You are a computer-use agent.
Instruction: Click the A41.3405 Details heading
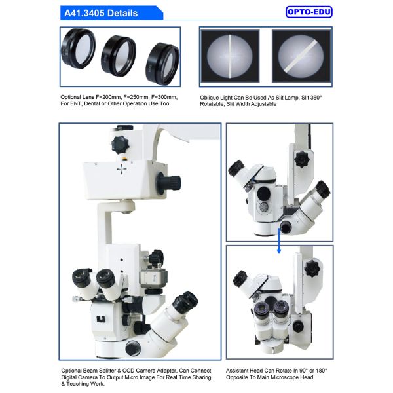pyautogui.click(x=101, y=12)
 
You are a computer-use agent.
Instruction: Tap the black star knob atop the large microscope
pyautogui.click(x=119, y=143)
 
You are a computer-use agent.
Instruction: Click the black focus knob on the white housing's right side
pyautogui.click(x=172, y=180)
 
